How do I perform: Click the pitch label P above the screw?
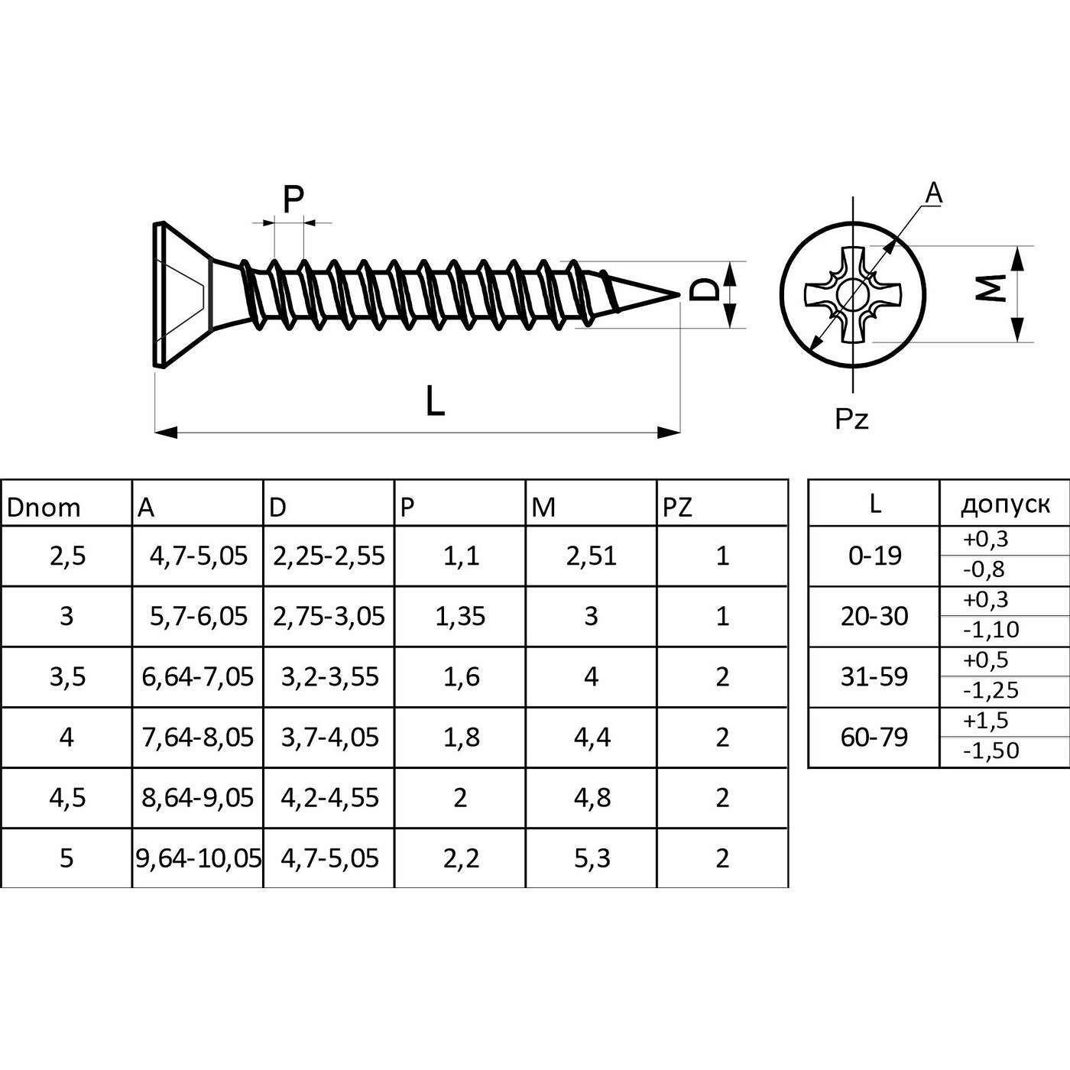coord(293,199)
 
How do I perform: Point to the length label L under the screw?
coord(435,400)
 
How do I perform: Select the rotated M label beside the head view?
coord(991,288)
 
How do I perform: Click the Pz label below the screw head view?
coord(851,419)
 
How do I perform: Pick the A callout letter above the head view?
coord(933,194)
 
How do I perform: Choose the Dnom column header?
coord(44,507)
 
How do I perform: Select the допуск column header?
coord(1005,504)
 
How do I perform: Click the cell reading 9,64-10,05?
coord(198,858)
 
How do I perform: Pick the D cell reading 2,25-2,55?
coord(329,556)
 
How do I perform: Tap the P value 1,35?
coord(460,616)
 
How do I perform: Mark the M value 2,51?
coord(591,556)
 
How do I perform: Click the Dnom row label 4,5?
coord(66,798)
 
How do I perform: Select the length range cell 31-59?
coord(874,676)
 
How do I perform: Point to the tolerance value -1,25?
coord(991,690)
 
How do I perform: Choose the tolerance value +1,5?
coord(986,721)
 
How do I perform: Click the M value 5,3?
coord(592,858)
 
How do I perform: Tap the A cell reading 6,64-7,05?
coord(198,676)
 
